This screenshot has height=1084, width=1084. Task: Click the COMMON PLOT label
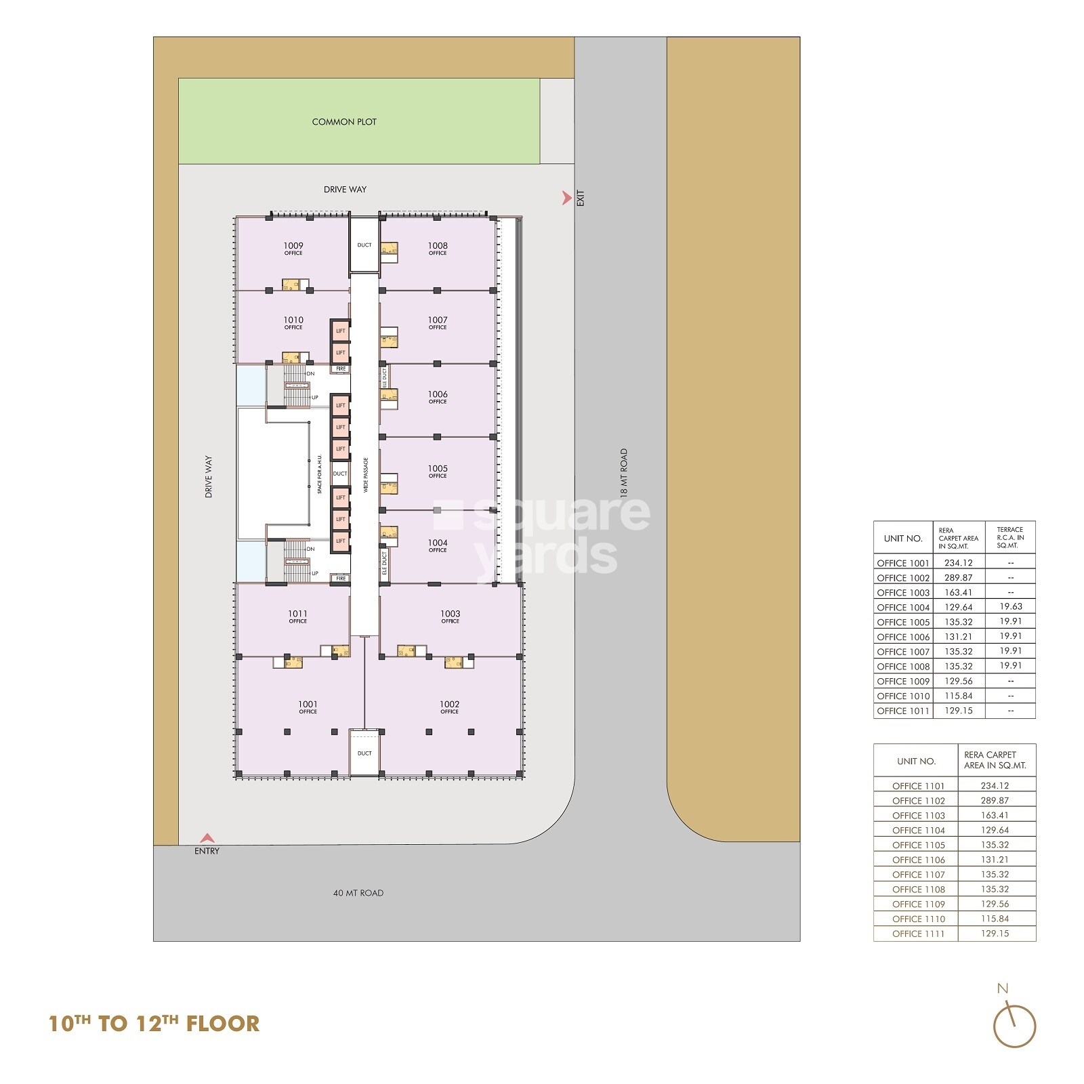pyautogui.click(x=344, y=122)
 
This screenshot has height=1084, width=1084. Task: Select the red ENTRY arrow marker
pyautogui.click(x=207, y=838)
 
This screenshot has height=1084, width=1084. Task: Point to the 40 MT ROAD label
pyautogui.click(x=358, y=893)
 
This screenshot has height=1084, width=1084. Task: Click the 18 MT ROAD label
pyautogui.click(x=624, y=472)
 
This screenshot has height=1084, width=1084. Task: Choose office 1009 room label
pyautogui.click(x=293, y=249)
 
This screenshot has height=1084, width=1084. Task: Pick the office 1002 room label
pyautogui.click(x=449, y=707)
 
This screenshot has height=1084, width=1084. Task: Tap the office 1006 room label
pyautogui.click(x=438, y=397)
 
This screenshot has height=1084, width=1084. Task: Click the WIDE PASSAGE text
pyautogui.click(x=366, y=474)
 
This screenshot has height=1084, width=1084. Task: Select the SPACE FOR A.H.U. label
pyautogui.click(x=320, y=474)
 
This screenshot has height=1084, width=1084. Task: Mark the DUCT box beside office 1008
pyautogui.click(x=364, y=245)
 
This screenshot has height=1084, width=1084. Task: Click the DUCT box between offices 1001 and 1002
pyautogui.click(x=364, y=753)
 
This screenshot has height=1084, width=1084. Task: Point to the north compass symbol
pyautogui.click(x=1014, y=1026)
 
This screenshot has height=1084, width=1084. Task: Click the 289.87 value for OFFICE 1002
pyautogui.click(x=958, y=578)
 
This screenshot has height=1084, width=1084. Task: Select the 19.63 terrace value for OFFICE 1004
pyautogui.click(x=1010, y=607)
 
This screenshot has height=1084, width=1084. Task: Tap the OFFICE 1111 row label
pyautogui.click(x=918, y=934)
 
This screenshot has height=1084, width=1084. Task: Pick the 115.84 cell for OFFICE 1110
pyautogui.click(x=995, y=919)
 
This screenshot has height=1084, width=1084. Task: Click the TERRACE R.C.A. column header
pyautogui.click(x=1010, y=538)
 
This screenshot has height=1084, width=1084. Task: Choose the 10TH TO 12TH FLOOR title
pyautogui.click(x=154, y=1023)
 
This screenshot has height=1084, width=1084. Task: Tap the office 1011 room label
pyautogui.click(x=297, y=617)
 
